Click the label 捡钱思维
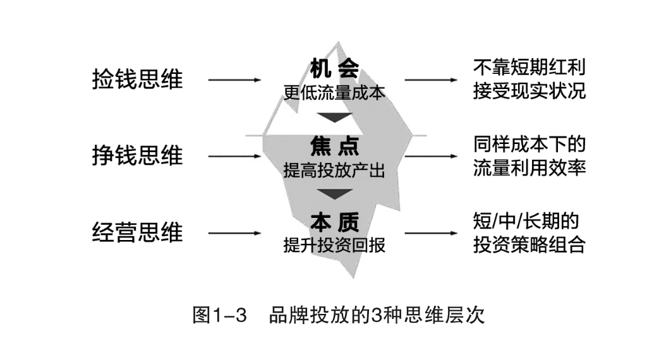137,80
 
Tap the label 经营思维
137,232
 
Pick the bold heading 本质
334,222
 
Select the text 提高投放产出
334,171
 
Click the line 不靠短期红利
529,67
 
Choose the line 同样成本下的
529,144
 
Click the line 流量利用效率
529,169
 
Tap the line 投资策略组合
529,245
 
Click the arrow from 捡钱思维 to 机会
234,80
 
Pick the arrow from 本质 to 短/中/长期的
432,233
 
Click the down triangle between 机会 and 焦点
334,117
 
